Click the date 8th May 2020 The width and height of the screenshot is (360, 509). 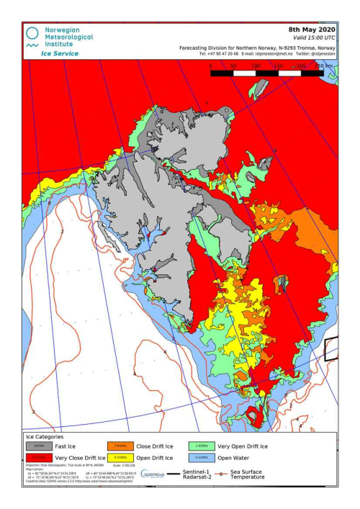311,30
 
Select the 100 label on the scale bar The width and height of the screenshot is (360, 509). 256,66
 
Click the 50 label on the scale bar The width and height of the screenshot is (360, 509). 233,66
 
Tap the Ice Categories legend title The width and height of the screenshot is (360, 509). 45,437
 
